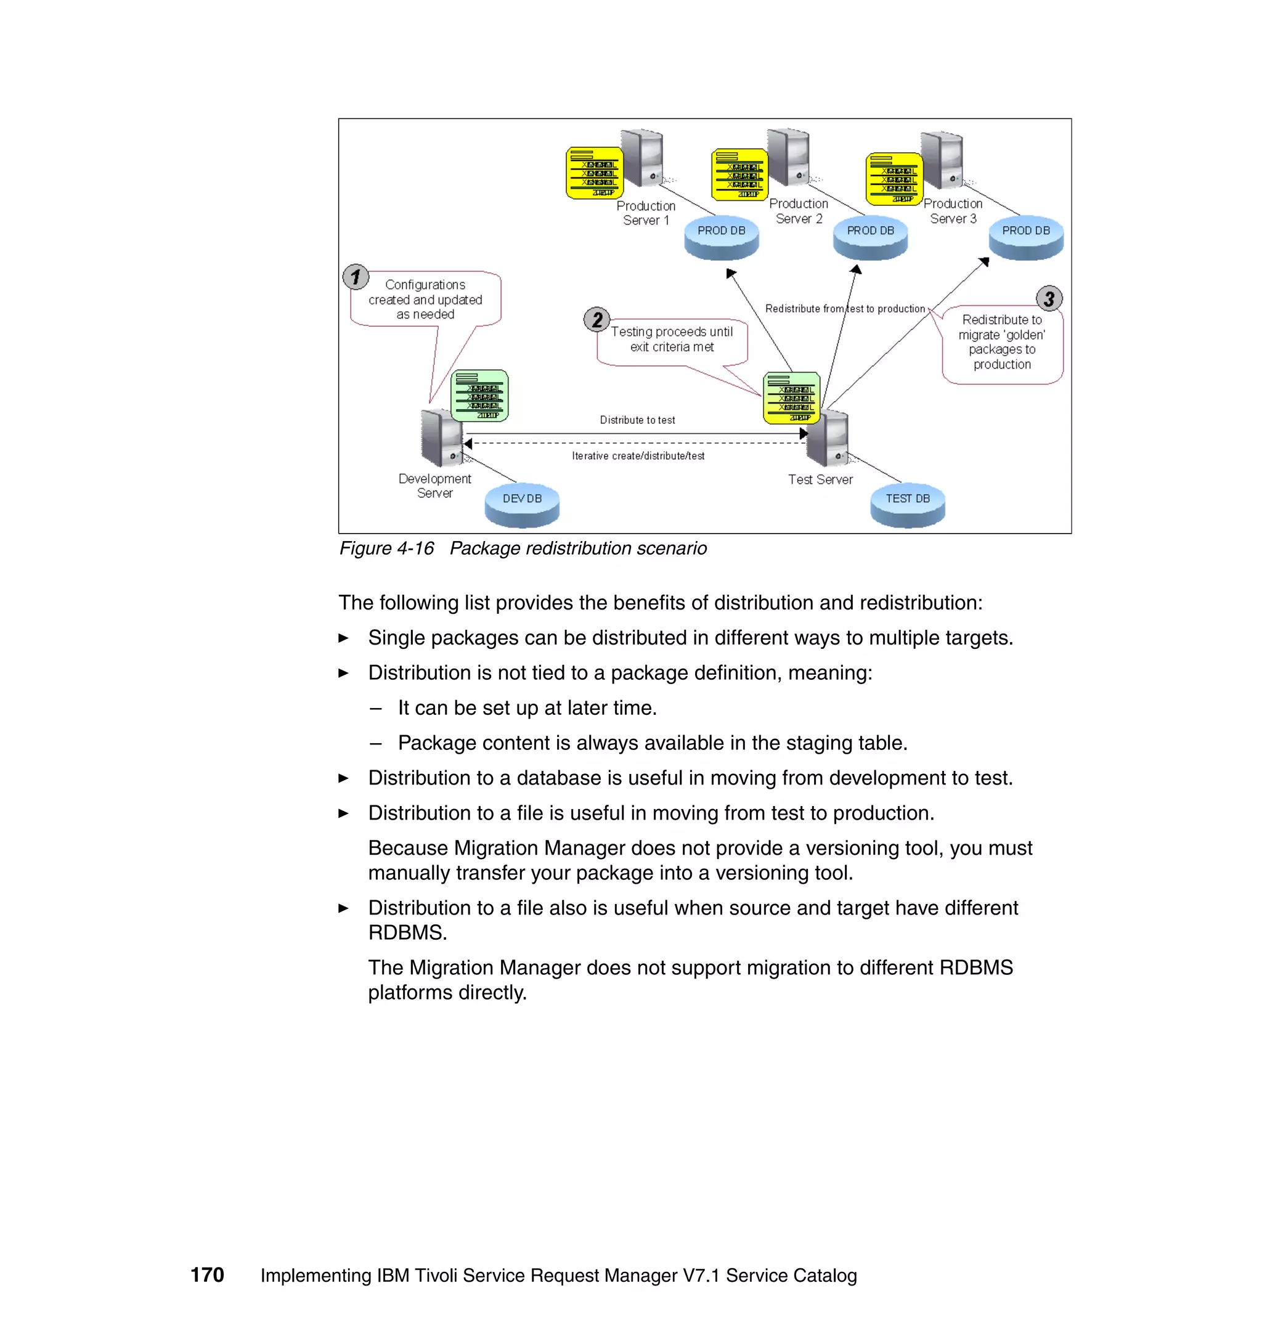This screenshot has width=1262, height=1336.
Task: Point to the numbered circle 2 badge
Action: [596, 320]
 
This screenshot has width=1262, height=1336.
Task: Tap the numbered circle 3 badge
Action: [1049, 298]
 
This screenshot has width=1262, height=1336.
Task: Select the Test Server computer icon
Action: [828, 439]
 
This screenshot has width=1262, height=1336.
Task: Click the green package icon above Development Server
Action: [479, 396]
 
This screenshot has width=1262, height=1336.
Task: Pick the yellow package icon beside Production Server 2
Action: [739, 174]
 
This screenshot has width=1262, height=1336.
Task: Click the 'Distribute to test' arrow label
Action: [637, 420]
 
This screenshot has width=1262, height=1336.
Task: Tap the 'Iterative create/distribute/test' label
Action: [638, 455]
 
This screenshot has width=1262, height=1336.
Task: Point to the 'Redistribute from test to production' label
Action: [845, 309]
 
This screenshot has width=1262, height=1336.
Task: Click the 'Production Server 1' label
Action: [646, 213]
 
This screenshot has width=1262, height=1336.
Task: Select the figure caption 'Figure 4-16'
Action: [386, 548]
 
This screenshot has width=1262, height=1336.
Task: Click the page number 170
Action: [207, 1274]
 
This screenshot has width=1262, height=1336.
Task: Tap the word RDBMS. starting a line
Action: [407, 932]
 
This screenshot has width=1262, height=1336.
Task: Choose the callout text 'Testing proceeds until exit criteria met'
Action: [672, 339]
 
